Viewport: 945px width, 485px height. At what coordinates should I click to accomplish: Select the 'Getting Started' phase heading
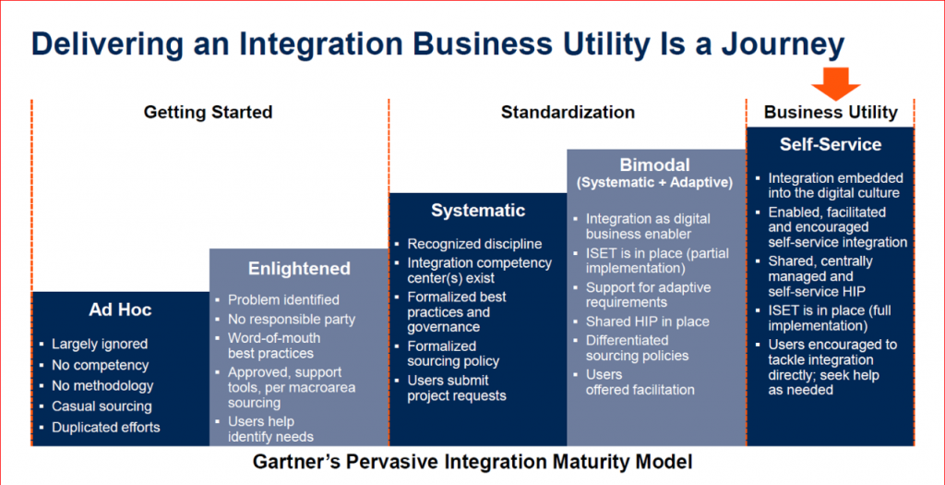tap(208, 113)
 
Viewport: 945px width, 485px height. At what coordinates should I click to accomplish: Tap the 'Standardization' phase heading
tap(568, 113)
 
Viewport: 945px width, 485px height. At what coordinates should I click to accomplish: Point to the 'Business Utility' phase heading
tap(831, 113)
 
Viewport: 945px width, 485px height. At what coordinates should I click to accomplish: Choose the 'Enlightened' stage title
tap(299, 269)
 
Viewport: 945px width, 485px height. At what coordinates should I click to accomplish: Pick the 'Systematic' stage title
tap(478, 211)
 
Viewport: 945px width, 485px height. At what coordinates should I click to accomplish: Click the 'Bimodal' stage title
tap(655, 165)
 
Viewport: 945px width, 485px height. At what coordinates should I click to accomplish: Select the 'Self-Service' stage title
tap(830, 145)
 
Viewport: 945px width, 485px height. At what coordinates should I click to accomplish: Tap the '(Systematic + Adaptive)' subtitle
tap(655, 183)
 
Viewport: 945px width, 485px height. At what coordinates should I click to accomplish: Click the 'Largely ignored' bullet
tap(100, 344)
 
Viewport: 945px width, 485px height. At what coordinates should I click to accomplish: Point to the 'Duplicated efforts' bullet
tap(105, 427)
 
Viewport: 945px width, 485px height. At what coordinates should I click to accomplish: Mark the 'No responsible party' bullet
tap(292, 320)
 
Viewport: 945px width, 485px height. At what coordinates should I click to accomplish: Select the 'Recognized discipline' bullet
tap(474, 244)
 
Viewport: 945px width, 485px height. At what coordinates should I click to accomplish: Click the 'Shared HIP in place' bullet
tap(647, 321)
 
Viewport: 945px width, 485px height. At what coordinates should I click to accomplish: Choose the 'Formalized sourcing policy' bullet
tap(453, 354)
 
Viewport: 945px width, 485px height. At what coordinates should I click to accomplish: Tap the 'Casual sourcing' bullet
tap(102, 406)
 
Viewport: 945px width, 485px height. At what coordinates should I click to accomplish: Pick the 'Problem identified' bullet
tap(283, 299)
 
